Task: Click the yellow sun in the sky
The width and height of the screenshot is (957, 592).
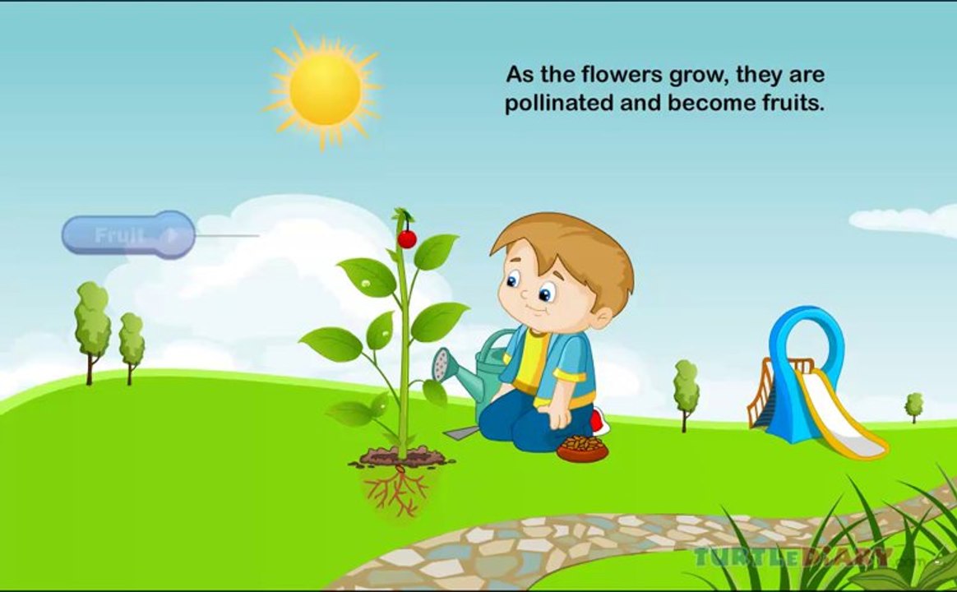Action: (x=325, y=89)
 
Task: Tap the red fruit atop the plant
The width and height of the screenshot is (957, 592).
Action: (x=407, y=238)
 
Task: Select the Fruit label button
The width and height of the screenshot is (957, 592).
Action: (x=128, y=235)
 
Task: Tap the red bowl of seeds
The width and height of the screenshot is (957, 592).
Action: (x=582, y=448)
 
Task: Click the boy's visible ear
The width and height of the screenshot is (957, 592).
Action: (x=603, y=318)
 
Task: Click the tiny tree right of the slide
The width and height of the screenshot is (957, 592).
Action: (x=913, y=405)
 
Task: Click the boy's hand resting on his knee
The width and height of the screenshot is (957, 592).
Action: (x=559, y=416)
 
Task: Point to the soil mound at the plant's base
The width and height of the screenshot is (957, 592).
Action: (x=400, y=456)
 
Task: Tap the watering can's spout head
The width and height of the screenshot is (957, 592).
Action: (x=442, y=363)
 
